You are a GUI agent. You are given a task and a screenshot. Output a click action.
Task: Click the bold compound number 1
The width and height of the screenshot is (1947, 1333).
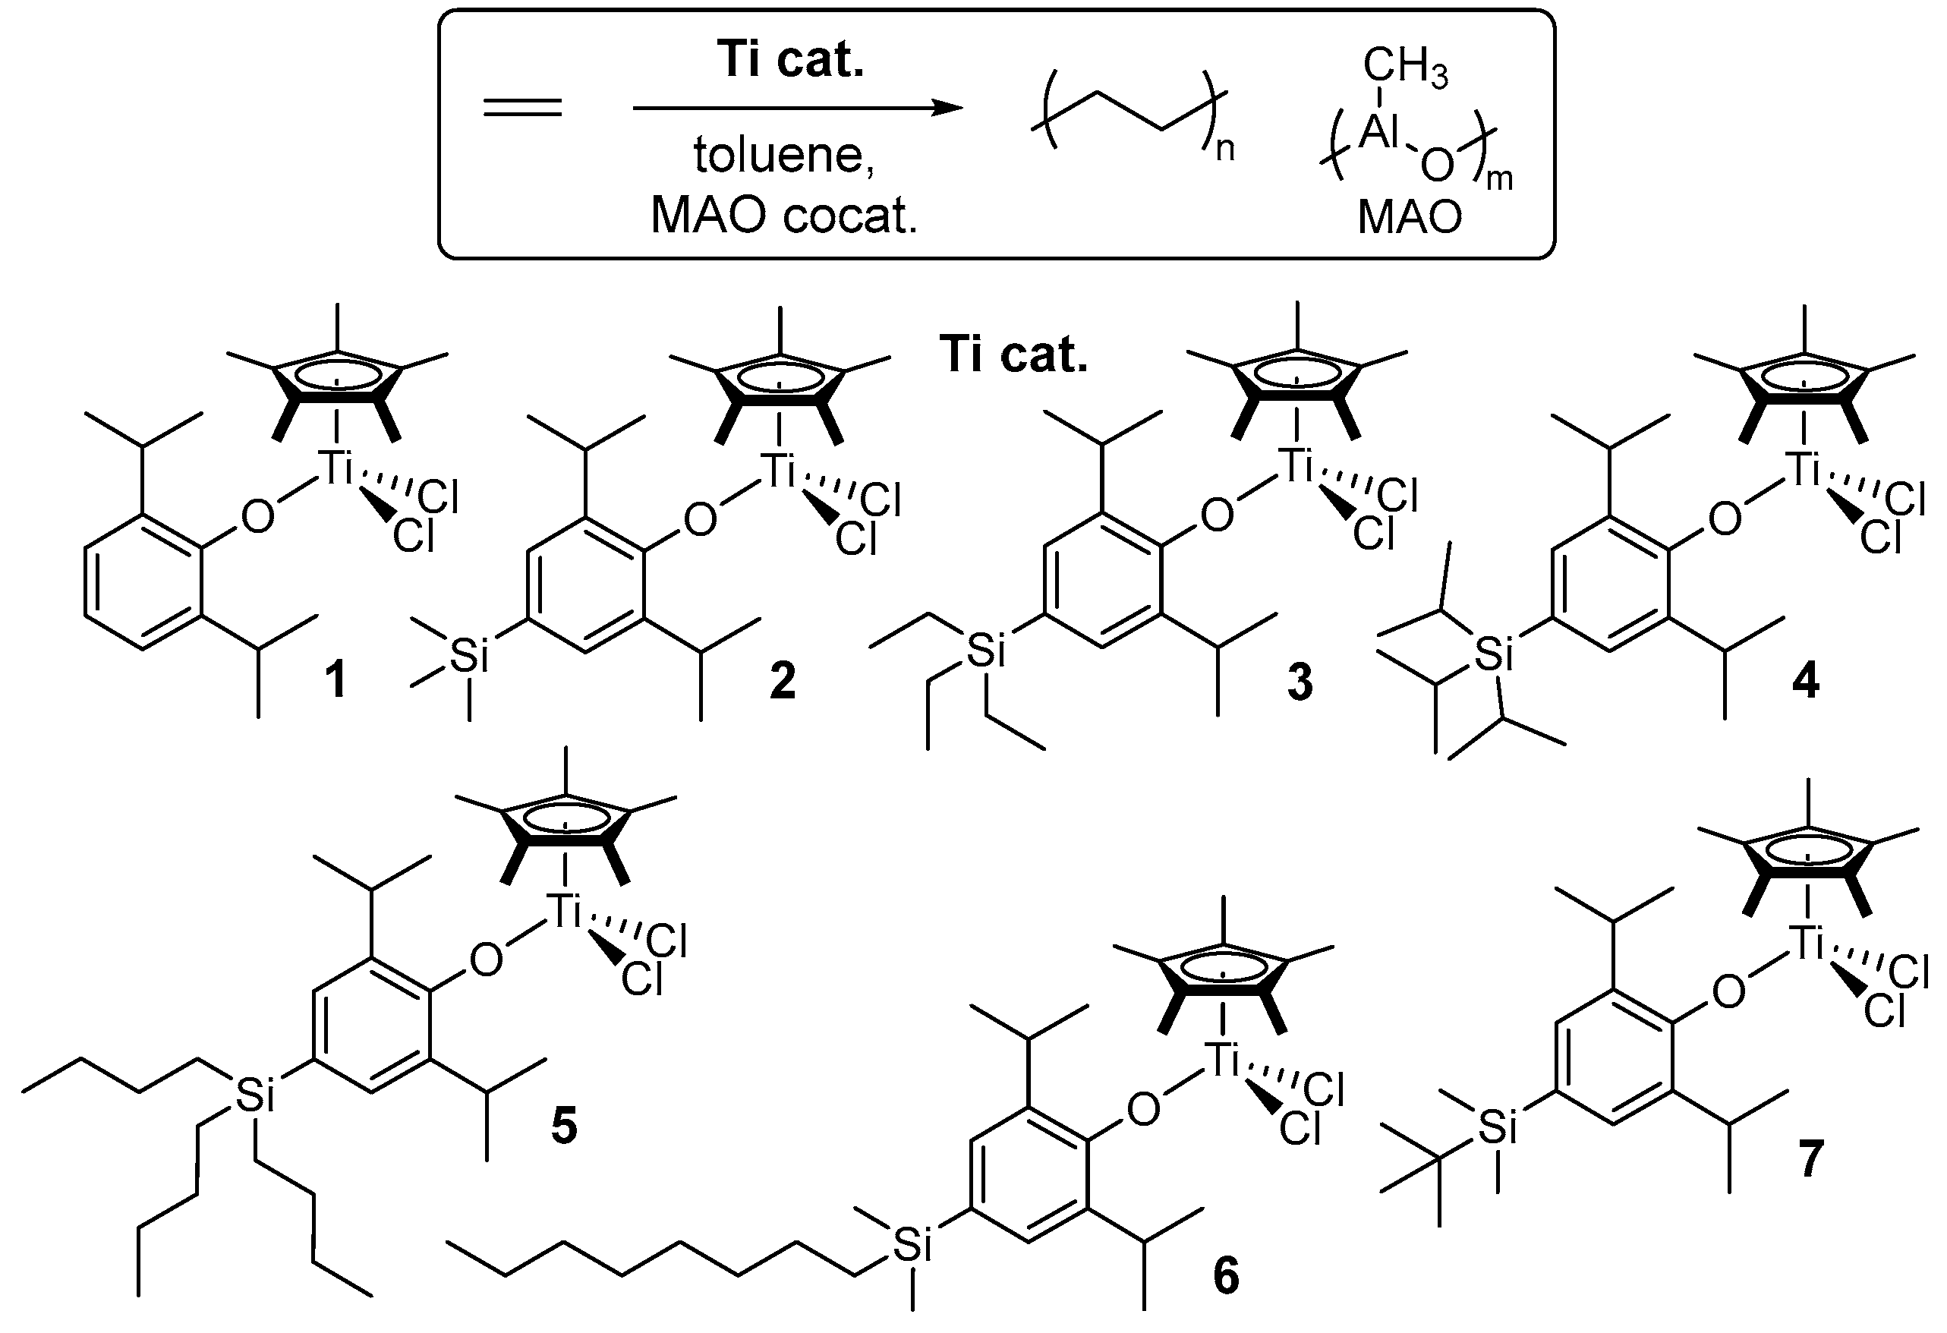[336, 679]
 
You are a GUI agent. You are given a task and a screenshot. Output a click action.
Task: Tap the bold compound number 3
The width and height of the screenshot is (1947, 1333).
[1300, 681]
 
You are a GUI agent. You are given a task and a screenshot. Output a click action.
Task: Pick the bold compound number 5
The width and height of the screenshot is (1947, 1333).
[564, 1125]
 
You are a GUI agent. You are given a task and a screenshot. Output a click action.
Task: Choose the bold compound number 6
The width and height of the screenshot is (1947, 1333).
[1226, 1276]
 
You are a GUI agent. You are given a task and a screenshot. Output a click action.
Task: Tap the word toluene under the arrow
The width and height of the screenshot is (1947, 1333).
[783, 155]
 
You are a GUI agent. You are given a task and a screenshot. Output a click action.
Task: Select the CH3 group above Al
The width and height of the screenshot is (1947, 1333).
[1405, 67]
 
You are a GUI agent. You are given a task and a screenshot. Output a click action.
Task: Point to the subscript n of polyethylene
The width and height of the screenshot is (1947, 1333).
[1225, 151]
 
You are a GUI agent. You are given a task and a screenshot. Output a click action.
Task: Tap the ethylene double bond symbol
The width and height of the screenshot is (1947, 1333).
[523, 108]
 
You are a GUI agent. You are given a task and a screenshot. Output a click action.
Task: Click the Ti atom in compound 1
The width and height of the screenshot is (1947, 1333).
[338, 469]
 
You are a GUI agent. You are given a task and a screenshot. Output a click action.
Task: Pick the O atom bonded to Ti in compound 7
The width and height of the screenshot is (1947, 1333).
[1728, 992]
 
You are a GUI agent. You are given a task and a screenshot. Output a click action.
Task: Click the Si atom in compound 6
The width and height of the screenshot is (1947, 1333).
[912, 1245]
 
